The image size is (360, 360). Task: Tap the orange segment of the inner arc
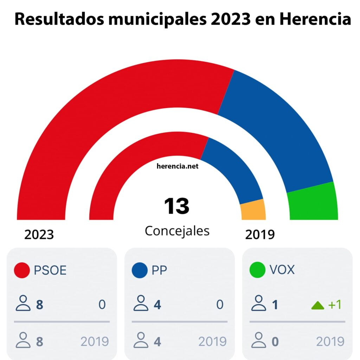pyautogui.click(x=253, y=211)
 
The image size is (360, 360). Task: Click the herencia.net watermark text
pyautogui.click(x=178, y=166)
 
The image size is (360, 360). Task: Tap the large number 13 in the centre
pyautogui.click(x=176, y=206)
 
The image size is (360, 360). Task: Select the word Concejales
pyautogui.click(x=177, y=231)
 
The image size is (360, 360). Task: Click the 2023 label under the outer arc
pyautogui.click(x=39, y=234)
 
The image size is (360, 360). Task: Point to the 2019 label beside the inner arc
pyautogui.click(x=260, y=234)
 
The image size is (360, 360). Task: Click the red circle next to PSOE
pyautogui.click(x=22, y=270)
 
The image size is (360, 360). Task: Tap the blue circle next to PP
pyautogui.click(x=140, y=270)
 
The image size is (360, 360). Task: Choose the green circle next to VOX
pyautogui.click(x=257, y=270)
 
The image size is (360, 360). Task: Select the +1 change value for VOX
pyautogui.click(x=335, y=305)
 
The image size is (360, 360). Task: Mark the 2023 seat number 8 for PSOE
pyautogui.click(x=40, y=305)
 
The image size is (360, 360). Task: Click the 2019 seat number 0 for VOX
pyautogui.click(x=275, y=341)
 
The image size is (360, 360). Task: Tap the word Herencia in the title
pyautogui.click(x=315, y=20)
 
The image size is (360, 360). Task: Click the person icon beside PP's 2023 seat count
pyautogui.click(x=141, y=303)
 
